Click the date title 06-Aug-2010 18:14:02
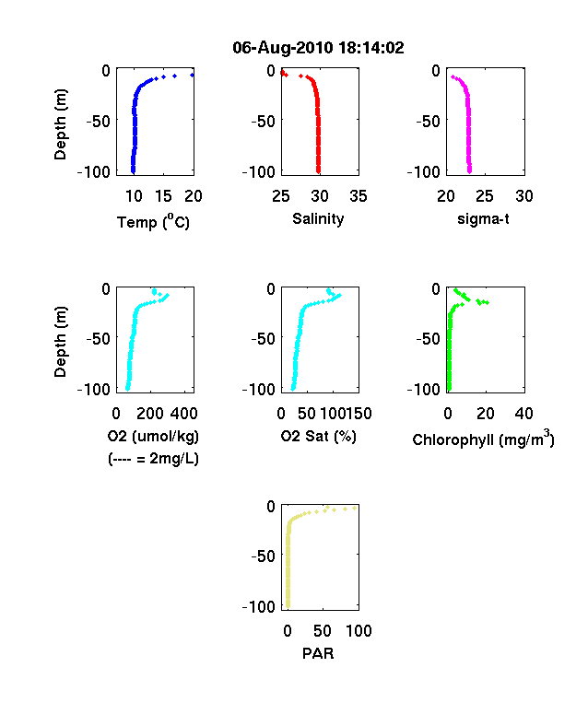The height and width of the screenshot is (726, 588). tap(318, 47)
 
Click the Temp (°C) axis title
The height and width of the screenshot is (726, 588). tap(153, 221)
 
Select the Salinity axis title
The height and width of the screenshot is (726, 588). tap(318, 218)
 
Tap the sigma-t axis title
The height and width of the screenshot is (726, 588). tap(483, 218)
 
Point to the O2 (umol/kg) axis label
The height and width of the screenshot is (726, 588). tap(153, 436)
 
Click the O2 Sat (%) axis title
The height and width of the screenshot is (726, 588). tap(318, 436)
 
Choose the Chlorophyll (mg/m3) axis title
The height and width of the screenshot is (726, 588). tap(483, 438)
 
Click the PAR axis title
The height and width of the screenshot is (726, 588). tap(318, 653)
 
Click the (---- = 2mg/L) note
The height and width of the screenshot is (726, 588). tap(153, 459)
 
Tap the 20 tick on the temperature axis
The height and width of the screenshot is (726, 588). tap(194, 196)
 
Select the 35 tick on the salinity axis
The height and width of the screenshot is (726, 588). tap(359, 196)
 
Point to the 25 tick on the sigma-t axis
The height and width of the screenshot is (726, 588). tap(485, 196)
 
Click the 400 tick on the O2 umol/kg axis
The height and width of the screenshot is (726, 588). tap(183, 414)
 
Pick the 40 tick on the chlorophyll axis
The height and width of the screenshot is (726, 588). tap(523, 414)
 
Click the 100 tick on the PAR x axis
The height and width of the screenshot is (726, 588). tap(359, 630)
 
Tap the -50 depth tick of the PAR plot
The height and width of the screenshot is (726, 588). tap(263, 556)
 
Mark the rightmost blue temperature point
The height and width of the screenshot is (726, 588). tap(192, 75)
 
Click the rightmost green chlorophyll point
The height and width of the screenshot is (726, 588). tap(487, 303)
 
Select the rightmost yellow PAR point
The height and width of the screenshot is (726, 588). tap(355, 508)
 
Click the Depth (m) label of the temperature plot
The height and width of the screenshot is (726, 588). tap(60, 124)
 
